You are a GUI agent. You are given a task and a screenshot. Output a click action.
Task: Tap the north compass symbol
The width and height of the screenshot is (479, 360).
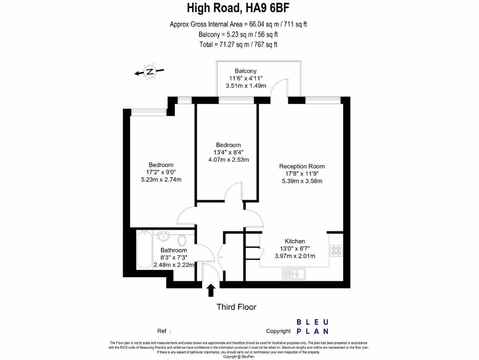tap(149, 72)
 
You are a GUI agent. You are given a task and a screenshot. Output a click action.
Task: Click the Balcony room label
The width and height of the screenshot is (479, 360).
tap(246, 71)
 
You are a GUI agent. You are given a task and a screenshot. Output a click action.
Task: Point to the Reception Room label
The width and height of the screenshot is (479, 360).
tap(302, 166)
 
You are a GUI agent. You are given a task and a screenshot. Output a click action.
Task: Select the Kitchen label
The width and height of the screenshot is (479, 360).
tap(295, 241)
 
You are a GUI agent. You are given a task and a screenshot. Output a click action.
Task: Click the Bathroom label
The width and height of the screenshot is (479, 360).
tap(174, 250)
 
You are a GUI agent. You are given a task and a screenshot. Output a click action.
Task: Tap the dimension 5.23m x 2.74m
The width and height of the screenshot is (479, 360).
tap(161, 180)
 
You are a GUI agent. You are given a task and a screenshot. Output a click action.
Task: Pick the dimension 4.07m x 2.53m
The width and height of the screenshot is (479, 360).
tap(228, 159)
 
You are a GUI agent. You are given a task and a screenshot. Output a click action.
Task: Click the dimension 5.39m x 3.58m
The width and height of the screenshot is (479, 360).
tap(302, 181)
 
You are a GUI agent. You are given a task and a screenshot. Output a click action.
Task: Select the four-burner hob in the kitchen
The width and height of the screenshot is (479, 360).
tap(336, 251)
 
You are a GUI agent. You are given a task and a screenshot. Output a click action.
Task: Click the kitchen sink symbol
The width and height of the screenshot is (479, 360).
tap(294, 273)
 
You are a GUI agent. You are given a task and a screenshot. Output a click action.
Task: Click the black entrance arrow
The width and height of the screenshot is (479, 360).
tap(211, 290)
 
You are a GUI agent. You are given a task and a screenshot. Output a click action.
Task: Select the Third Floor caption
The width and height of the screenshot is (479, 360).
tap(236, 307)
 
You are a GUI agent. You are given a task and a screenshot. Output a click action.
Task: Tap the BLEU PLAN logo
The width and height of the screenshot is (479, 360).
tap(313, 326)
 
